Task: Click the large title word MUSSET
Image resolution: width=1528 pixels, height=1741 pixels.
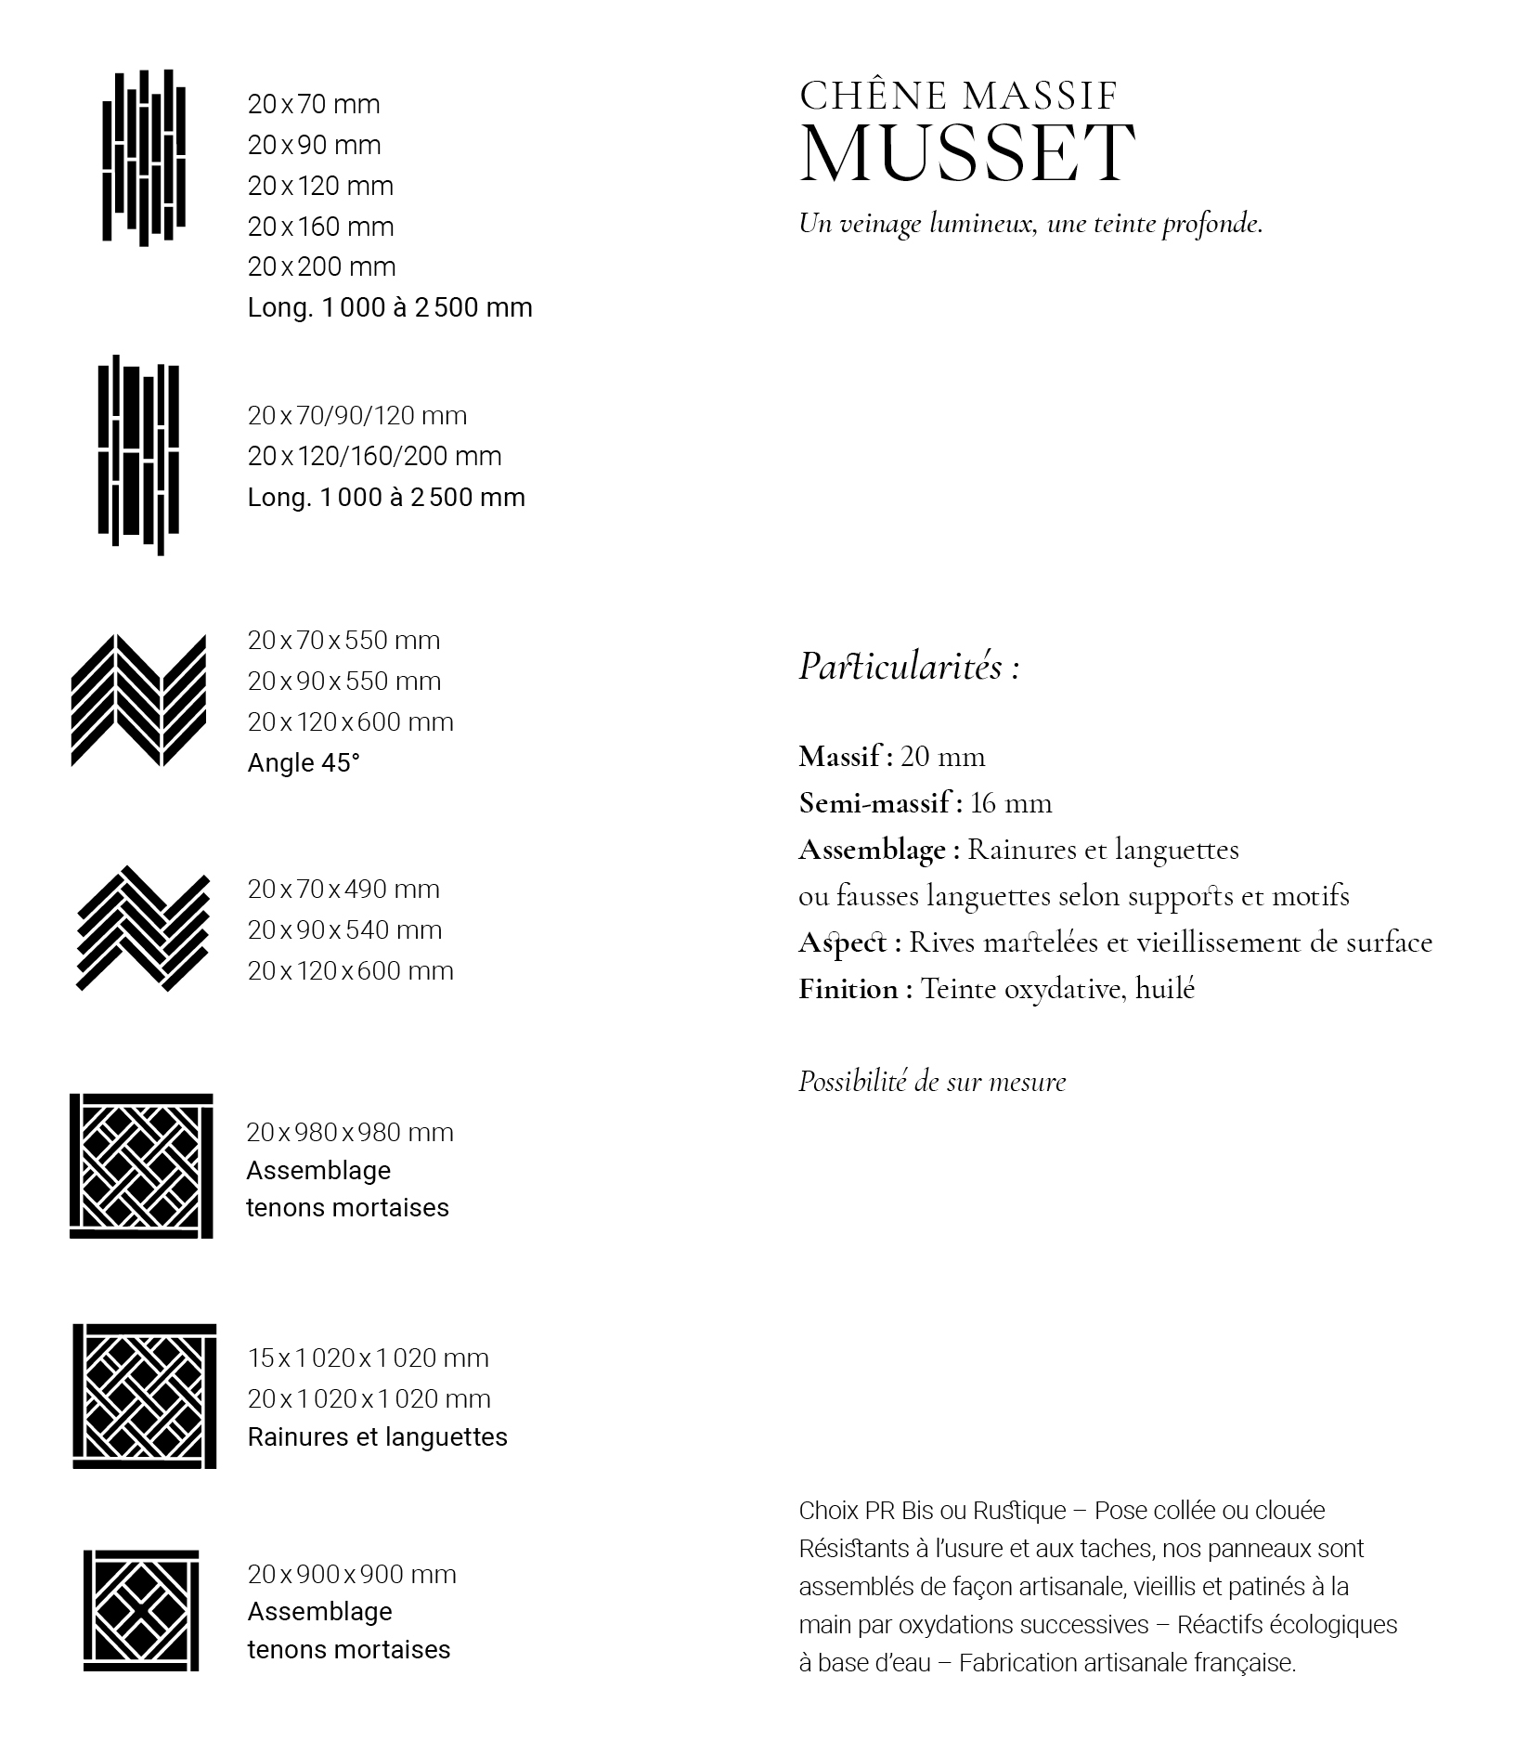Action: (x=966, y=152)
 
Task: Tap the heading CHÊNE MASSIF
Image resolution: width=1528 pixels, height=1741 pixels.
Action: (x=958, y=95)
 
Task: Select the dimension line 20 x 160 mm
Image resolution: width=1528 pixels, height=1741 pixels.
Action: (x=320, y=227)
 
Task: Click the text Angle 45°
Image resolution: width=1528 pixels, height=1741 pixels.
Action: (x=304, y=762)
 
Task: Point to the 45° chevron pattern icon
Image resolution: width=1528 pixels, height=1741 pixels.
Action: (x=138, y=701)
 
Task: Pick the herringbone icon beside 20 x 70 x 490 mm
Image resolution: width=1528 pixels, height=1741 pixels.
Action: (x=143, y=929)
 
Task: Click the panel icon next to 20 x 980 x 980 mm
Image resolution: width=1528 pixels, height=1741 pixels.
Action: (x=141, y=1165)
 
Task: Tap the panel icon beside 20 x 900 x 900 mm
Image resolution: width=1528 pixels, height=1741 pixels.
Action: (x=141, y=1610)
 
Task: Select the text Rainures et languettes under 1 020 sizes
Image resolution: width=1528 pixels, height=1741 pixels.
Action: (x=377, y=1436)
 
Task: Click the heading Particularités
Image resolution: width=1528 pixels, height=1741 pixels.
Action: (x=909, y=667)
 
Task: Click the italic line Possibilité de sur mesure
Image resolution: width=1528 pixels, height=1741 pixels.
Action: (x=932, y=1081)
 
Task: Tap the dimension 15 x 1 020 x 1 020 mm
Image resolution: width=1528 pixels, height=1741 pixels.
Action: (x=368, y=1358)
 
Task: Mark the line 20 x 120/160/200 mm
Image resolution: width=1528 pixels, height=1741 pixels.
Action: (x=374, y=456)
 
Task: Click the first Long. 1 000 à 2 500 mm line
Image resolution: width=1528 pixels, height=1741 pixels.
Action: (x=390, y=307)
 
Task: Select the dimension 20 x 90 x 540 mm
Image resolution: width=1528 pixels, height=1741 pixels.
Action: (x=344, y=929)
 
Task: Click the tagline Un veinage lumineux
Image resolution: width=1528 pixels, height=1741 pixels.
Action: (x=1030, y=224)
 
